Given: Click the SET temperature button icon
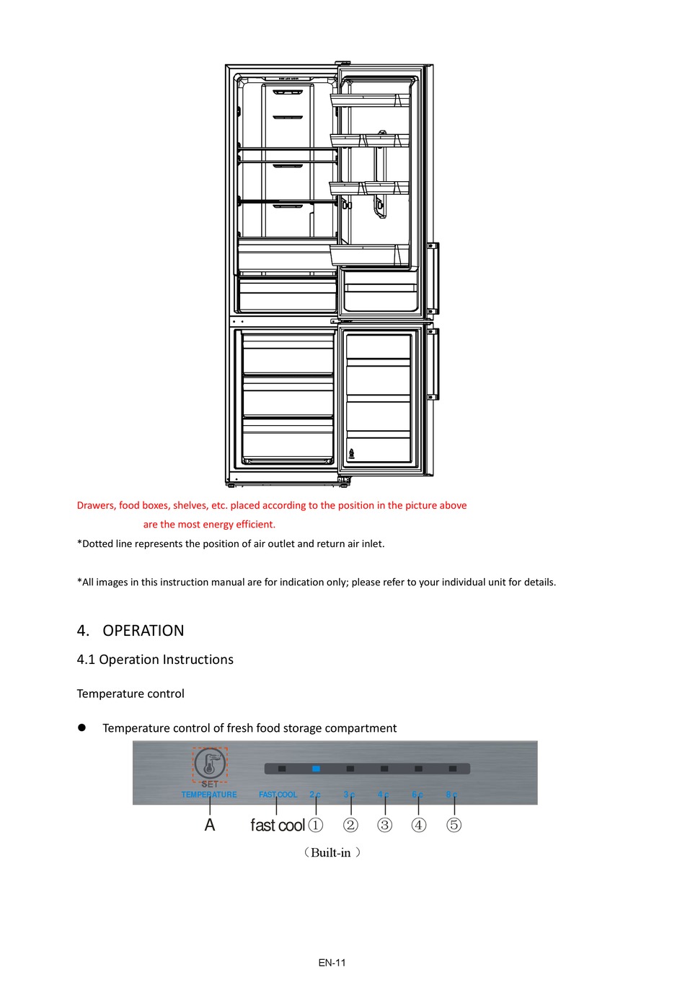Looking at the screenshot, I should tap(210, 764).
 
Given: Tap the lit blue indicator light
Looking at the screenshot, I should tap(316, 769).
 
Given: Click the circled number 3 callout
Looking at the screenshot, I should tap(385, 825).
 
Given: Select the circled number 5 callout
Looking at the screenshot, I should tap(454, 825).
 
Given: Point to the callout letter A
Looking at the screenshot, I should tap(210, 825).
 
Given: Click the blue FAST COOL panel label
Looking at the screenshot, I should tap(278, 795).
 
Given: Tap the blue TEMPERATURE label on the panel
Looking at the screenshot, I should tap(209, 795).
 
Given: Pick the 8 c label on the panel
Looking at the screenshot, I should tap(451, 795).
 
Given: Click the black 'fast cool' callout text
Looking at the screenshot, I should tap(278, 825).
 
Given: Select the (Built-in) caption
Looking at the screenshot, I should tap(332, 852).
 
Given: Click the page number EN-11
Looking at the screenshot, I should tap(332, 962).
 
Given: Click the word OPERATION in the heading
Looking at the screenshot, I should tap(143, 631).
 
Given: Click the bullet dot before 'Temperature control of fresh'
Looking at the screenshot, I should tap(82, 728).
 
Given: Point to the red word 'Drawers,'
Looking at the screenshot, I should tap(97, 505).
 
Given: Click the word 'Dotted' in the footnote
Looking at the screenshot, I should tap(97, 543).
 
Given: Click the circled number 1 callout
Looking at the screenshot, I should tap(316, 825).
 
